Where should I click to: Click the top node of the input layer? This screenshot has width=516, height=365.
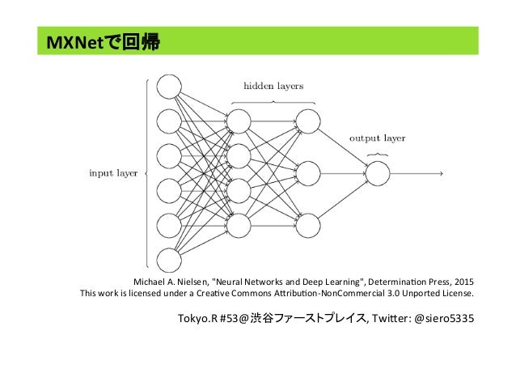pos(169,87)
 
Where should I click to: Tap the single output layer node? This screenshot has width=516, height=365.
pos(379,173)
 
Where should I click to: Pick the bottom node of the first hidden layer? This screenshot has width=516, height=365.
pos(239,224)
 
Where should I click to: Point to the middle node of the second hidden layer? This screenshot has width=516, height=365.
pos(308,173)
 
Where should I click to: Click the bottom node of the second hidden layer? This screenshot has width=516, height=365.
pos(308,224)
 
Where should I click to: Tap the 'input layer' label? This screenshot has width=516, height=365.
pos(112,172)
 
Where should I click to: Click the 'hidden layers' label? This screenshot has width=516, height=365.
pos(274,84)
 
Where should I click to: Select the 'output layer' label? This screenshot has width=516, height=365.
pos(378,138)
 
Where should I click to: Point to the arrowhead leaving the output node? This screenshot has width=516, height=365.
pos(439,173)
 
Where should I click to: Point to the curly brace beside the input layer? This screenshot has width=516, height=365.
pos(145,172)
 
